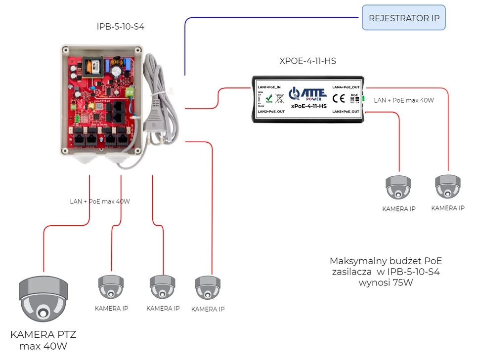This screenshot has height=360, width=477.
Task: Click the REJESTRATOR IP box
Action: click(x=404, y=18)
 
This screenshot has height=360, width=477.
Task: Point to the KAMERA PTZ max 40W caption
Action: click(x=43, y=340)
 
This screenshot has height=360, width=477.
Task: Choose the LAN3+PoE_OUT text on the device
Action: click(x=346, y=112)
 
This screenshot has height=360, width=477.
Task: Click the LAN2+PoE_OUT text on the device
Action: click(x=271, y=112)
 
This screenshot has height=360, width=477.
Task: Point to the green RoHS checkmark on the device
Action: click(x=269, y=98)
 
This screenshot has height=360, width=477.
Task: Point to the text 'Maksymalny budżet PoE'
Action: click(x=386, y=261)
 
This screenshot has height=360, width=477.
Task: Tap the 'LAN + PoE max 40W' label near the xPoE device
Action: click(x=404, y=100)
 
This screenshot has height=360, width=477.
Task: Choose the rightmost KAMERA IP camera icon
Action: click(x=447, y=187)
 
